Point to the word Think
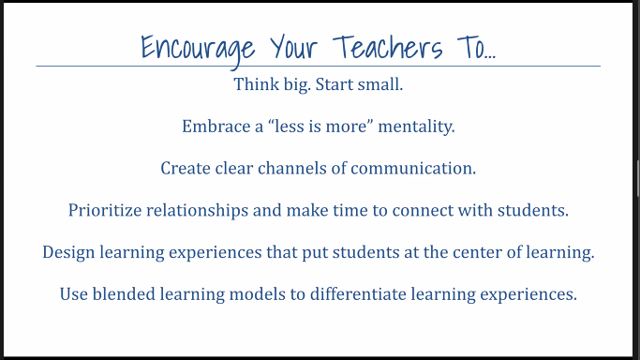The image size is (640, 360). coord(252,85)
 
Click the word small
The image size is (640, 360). coord(379,85)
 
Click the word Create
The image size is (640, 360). coord(183,169)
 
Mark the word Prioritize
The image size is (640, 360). coord(105,210)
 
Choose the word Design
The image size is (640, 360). coord(67,253)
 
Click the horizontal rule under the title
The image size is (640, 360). coord(318,67)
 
